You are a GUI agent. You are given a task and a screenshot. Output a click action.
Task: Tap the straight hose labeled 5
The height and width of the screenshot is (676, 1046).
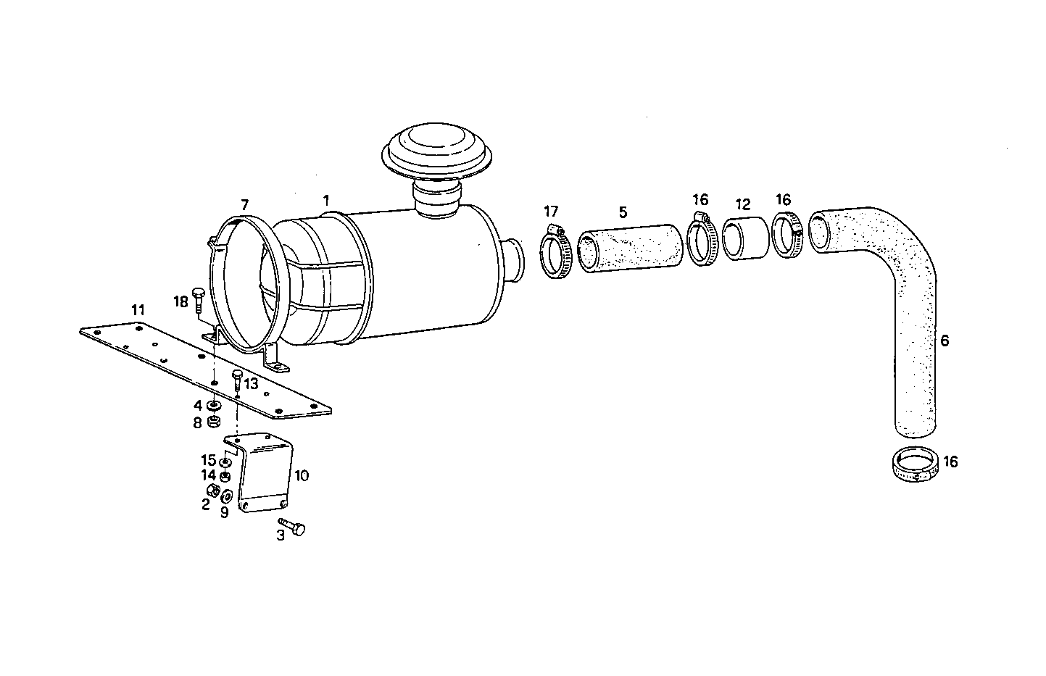click(631, 251)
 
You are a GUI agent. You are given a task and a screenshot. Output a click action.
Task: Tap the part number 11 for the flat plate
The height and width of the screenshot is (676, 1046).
click(138, 310)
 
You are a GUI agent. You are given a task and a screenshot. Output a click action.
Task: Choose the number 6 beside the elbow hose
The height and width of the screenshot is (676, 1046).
click(944, 340)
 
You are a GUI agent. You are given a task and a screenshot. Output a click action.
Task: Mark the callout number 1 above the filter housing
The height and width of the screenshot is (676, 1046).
click(326, 199)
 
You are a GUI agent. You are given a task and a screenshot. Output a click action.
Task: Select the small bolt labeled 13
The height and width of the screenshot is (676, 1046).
click(237, 377)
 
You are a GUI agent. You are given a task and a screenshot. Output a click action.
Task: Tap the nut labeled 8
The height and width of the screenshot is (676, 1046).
click(214, 422)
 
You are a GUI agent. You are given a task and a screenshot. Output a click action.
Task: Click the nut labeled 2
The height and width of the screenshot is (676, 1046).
click(213, 492)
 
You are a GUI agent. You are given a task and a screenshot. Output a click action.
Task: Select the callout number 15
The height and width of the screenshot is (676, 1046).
click(208, 460)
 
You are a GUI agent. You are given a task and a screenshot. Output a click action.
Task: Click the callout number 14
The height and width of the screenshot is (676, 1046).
click(208, 475)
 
